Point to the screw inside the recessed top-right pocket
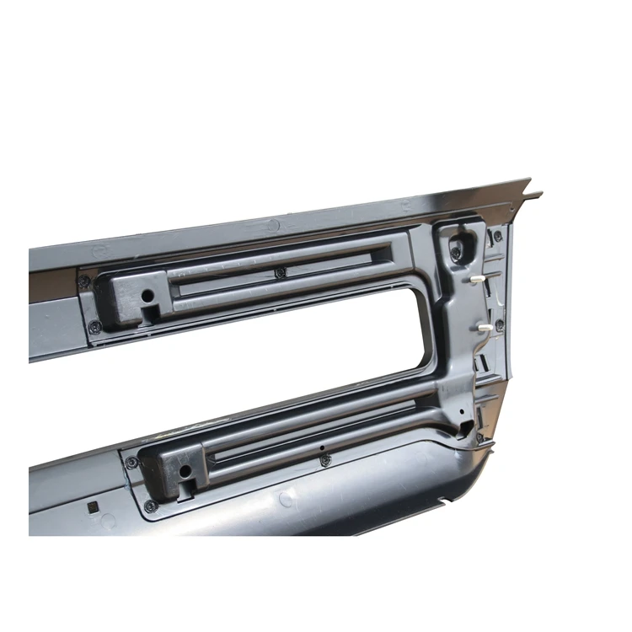pyautogui.click(x=456, y=252)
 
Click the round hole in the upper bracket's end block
pyautogui.click(x=147, y=297)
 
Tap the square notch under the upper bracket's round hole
pyautogui.click(x=153, y=314)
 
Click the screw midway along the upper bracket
pyautogui.click(x=281, y=272)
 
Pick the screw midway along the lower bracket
pyautogui.click(x=325, y=459)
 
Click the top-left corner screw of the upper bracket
pyautogui.click(x=84, y=281)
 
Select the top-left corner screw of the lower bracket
pyautogui.click(x=131, y=463)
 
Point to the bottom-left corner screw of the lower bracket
pyautogui.click(x=151, y=506)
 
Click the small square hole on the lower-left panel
pyautogui.click(x=93, y=508)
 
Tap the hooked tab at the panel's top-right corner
pyautogui.click(x=533, y=195)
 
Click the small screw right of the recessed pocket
pyautogui.click(x=497, y=237)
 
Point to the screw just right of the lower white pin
pyautogui.click(x=501, y=325)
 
